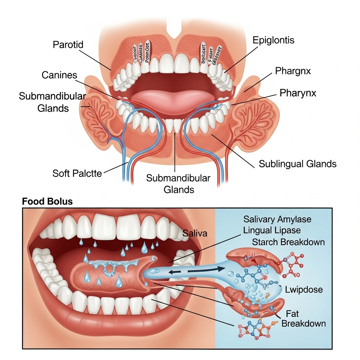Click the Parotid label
coord(69,45)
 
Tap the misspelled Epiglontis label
coord(274,40)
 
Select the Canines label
coord(59,75)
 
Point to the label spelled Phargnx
coord(293,71)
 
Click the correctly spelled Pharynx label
coord(298,93)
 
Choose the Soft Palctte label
coord(77,173)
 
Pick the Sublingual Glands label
coord(297,164)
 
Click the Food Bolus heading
coord(47,202)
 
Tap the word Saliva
coord(195,233)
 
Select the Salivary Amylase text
coord(277,219)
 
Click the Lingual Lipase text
coord(272,231)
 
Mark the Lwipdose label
coord(304,290)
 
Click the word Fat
coord(292,313)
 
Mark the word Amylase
coord(294,219)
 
